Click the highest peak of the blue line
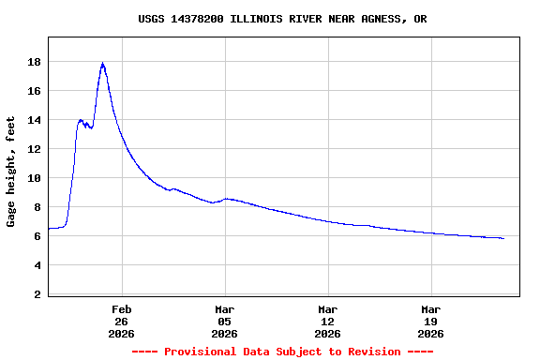click(x=102, y=64)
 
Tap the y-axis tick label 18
click(x=34, y=62)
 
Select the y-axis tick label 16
click(x=34, y=91)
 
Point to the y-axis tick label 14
click(x=34, y=120)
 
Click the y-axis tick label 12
click(x=34, y=149)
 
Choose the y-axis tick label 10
click(x=34, y=178)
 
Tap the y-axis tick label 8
click(x=37, y=207)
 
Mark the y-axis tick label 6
click(x=37, y=236)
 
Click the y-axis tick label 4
click(x=37, y=265)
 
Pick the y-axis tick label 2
click(x=37, y=294)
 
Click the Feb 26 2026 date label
click(x=121, y=321)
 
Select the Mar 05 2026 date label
click(x=224, y=321)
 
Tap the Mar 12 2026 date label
click(x=327, y=321)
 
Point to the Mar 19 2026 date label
click(x=430, y=321)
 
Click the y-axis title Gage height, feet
click(x=11, y=172)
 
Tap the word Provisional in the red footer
click(x=201, y=352)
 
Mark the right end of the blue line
click(x=503, y=238)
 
